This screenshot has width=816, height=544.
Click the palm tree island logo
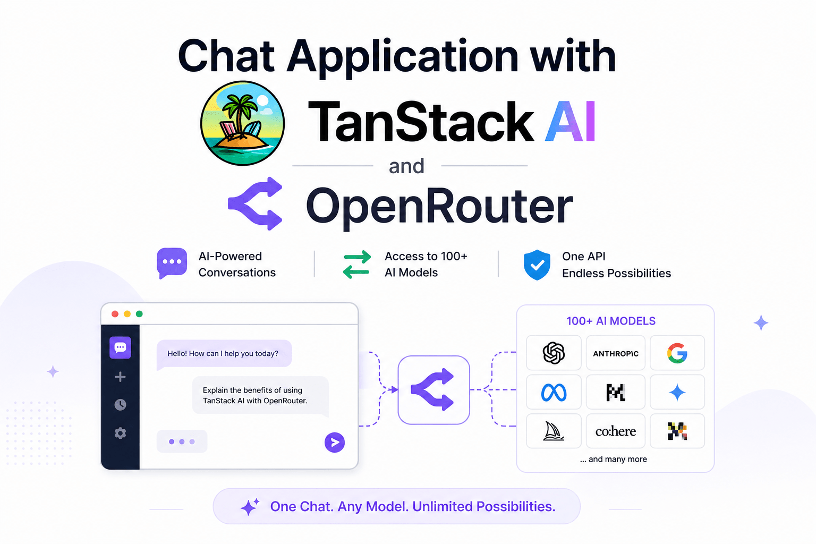pyautogui.click(x=242, y=123)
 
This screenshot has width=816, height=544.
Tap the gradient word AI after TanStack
pyautogui.click(x=571, y=122)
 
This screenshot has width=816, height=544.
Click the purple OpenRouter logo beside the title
pyautogui.click(x=256, y=203)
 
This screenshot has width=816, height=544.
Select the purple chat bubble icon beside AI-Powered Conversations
pyautogui.click(x=172, y=262)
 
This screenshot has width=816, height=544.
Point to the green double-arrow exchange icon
pyautogui.click(x=356, y=265)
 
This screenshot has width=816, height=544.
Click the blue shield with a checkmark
pyautogui.click(x=537, y=265)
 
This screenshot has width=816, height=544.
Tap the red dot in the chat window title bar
pyautogui.click(x=115, y=314)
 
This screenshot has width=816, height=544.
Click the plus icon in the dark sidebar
pyautogui.click(x=121, y=377)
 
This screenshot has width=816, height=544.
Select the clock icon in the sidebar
pyautogui.click(x=121, y=405)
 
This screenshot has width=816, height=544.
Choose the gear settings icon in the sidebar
pyautogui.click(x=121, y=433)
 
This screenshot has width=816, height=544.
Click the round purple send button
pyautogui.click(x=335, y=442)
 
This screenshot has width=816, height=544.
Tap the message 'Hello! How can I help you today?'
pyautogui.click(x=223, y=353)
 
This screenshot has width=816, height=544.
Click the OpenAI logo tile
pyautogui.click(x=554, y=353)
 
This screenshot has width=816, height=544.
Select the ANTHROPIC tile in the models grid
pyautogui.click(x=616, y=353)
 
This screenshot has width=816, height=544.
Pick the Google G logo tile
pyautogui.click(x=677, y=353)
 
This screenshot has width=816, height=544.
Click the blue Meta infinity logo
pyautogui.click(x=554, y=393)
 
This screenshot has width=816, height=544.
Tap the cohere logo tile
pyautogui.click(x=616, y=431)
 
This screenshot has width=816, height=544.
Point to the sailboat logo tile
pyautogui.click(x=554, y=431)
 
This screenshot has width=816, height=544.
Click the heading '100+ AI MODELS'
pyautogui.click(x=611, y=321)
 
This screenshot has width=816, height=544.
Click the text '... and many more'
pyautogui.click(x=614, y=459)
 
